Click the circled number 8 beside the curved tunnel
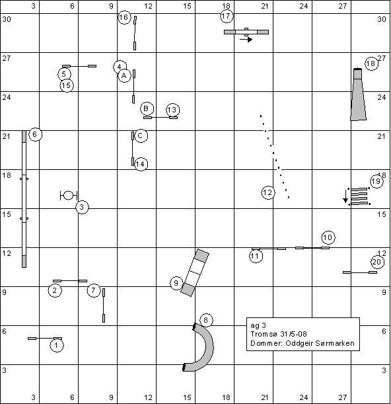[x=206, y=320]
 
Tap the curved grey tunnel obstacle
[x=209, y=346]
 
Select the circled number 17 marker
[x=227, y=17]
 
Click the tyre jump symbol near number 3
[x=69, y=196]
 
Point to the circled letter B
[x=147, y=108]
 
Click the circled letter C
[x=141, y=136]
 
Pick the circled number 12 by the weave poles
[x=268, y=192]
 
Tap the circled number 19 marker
[x=376, y=181]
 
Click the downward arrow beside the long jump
[x=345, y=196]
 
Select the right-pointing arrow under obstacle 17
[x=246, y=40]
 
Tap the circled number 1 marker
[x=57, y=346]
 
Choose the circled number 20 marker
[x=377, y=263]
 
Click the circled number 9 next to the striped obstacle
[x=176, y=283]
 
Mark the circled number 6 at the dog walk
[x=35, y=134]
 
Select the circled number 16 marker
[x=124, y=17]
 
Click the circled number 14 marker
[x=141, y=164]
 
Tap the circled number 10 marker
[x=328, y=237]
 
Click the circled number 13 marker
[x=173, y=110]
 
